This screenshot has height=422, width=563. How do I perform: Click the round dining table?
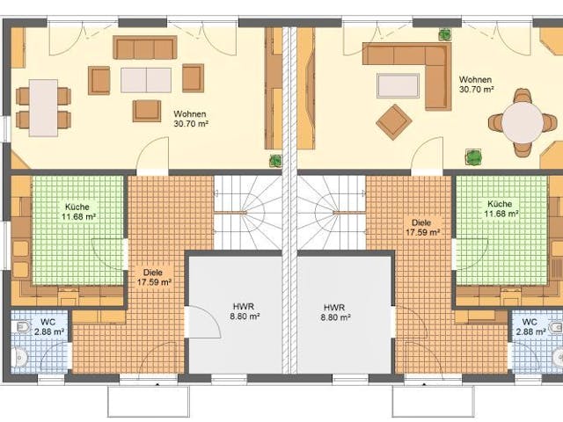coord(522,122)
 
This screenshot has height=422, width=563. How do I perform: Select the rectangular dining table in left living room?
coord(43,107)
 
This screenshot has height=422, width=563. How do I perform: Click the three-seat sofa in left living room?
coord(145,47)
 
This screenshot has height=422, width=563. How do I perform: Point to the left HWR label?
coord(245,311)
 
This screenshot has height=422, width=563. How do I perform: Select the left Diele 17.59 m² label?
coord(154,278)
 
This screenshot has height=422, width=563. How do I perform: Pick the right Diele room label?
coord(423,228)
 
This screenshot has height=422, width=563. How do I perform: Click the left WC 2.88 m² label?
coord(49,326)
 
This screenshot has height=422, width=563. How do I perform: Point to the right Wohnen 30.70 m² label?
coord(476,84)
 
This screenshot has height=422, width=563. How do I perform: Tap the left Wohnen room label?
coord(191,119)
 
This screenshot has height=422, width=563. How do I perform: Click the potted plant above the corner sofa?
coord(445,34)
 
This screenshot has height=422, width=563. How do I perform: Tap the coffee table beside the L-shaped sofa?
coord(398,85)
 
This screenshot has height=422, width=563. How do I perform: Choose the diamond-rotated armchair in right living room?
coord(394,122)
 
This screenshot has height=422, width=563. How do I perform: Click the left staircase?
coord(248,213)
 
